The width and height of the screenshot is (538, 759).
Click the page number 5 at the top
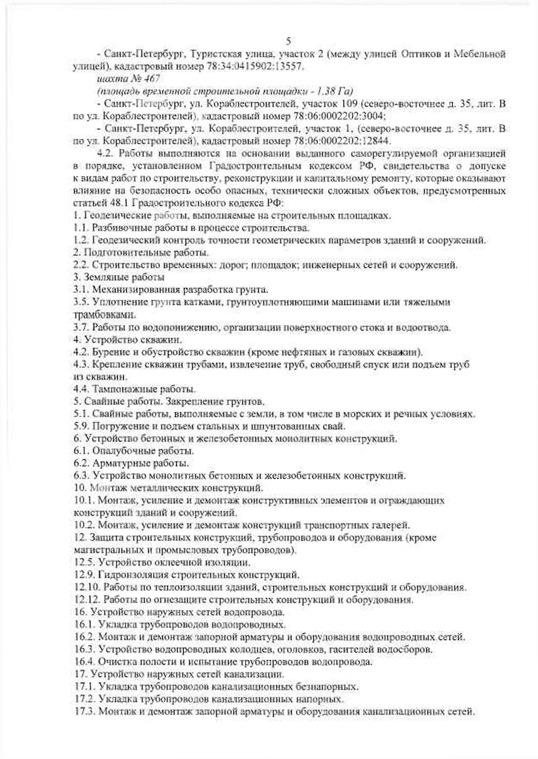288,41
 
